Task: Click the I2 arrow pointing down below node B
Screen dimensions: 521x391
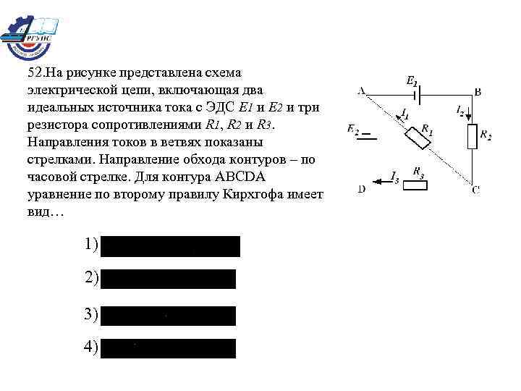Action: point(467,116)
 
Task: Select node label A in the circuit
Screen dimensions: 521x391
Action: point(361,91)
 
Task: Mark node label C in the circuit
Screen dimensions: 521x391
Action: point(475,190)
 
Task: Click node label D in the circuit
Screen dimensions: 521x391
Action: point(361,190)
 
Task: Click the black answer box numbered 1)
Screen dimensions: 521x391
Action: point(170,246)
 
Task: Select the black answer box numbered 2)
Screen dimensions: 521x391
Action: point(169,279)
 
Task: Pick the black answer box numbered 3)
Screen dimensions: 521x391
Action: point(169,316)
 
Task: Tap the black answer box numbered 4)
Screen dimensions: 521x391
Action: point(169,348)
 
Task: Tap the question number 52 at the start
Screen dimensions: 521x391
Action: point(34,73)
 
